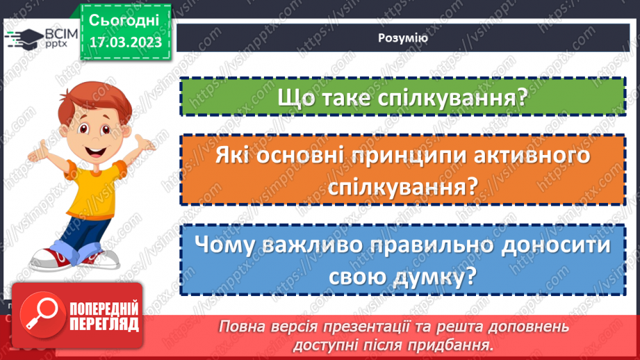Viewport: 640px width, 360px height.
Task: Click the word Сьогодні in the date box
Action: point(124,19)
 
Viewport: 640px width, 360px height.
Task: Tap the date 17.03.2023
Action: point(125,42)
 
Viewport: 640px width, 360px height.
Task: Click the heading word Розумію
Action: point(403,39)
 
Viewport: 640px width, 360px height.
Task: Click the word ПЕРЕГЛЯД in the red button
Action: point(104,324)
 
